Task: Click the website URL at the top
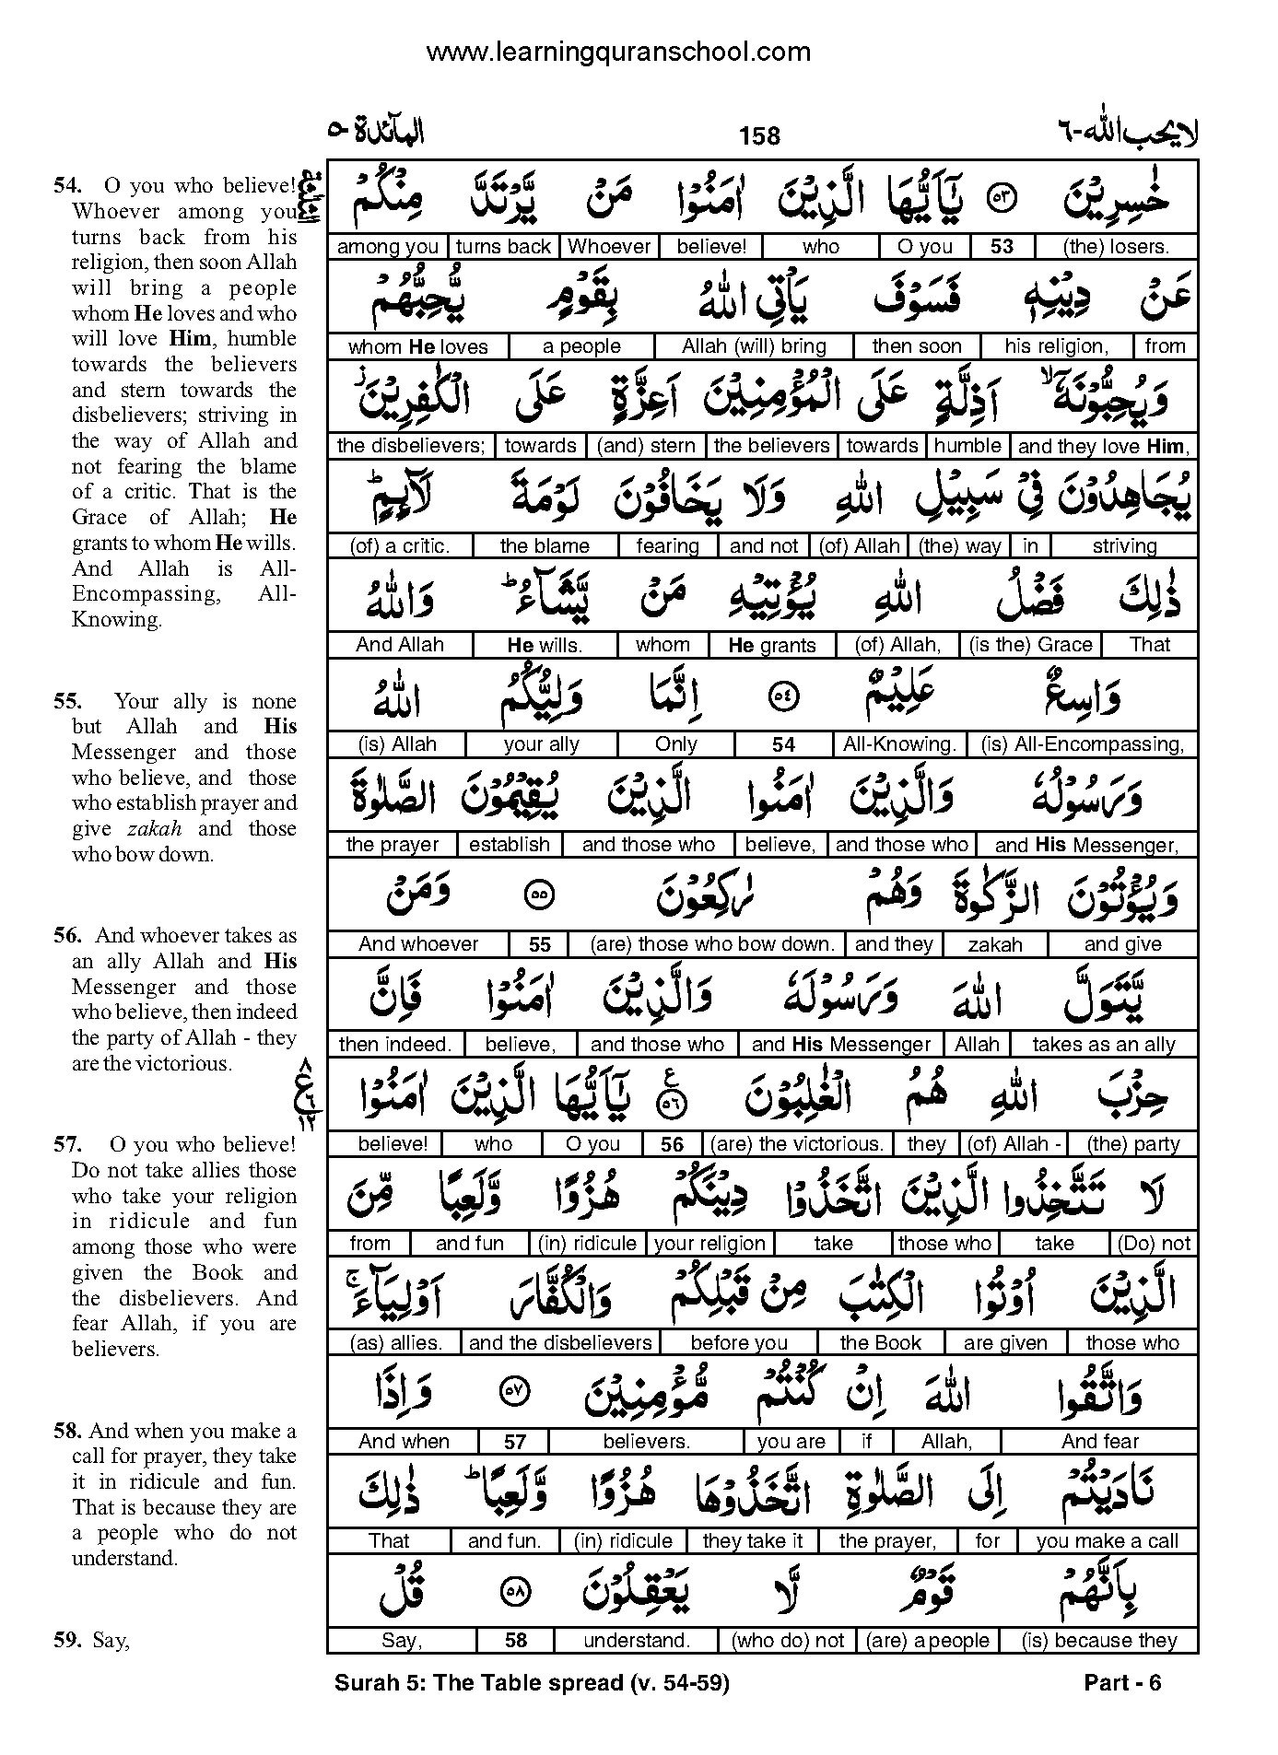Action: click(x=618, y=53)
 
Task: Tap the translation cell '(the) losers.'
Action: click(x=1115, y=247)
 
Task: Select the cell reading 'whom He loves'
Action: click(x=417, y=347)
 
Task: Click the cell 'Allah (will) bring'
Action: click(x=754, y=347)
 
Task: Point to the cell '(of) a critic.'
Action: click(x=400, y=546)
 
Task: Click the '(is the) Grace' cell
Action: click(x=1030, y=645)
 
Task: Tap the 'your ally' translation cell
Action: click(x=541, y=744)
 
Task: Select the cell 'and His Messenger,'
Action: click(x=1086, y=845)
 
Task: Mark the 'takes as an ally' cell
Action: click(x=1103, y=1045)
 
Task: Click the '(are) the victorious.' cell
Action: click(x=795, y=1144)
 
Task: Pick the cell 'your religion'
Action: click(x=709, y=1244)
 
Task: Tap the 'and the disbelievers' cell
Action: click(x=560, y=1343)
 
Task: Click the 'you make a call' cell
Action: click(x=1107, y=1541)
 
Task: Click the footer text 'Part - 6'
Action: click(x=1122, y=1684)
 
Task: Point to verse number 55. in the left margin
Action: click(x=66, y=701)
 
